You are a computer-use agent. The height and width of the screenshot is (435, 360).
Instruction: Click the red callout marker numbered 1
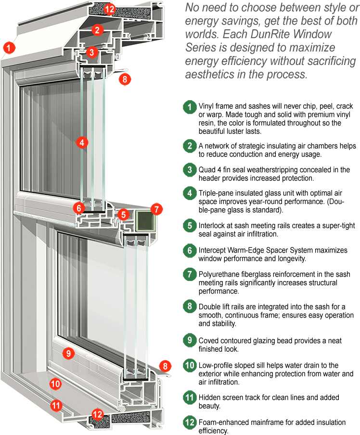click(x=9, y=48)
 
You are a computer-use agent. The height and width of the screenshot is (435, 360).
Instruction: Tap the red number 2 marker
click(x=98, y=30)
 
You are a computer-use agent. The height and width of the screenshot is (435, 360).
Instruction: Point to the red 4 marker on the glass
click(x=82, y=142)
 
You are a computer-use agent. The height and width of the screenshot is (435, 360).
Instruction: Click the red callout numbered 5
click(x=124, y=215)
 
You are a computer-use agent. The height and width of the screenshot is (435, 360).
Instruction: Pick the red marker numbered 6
click(x=79, y=208)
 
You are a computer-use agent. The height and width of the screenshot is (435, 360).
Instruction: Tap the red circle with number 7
click(x=157, y=209)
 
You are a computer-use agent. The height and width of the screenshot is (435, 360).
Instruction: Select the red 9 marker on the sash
click(x=68, y=353)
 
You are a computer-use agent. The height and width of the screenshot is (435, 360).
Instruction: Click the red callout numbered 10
click(x=56, y=384)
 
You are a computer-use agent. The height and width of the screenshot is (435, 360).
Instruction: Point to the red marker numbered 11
click(x=56, y=405)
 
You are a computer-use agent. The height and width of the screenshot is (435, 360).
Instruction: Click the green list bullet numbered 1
click(x=190, y=107)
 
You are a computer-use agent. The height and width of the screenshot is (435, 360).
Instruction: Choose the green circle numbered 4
click(x=190, y=193)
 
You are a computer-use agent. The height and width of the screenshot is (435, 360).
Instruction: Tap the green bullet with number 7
click(x=190, y=274)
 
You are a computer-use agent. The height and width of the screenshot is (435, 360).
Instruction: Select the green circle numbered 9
click(x=190, y=340)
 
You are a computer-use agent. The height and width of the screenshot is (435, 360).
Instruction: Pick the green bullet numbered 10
click(x=190, y=365)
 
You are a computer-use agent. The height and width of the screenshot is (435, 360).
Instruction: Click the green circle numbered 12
click(x=190, y=422)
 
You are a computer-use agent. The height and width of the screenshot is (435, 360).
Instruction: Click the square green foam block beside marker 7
click(x=143, y=219)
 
